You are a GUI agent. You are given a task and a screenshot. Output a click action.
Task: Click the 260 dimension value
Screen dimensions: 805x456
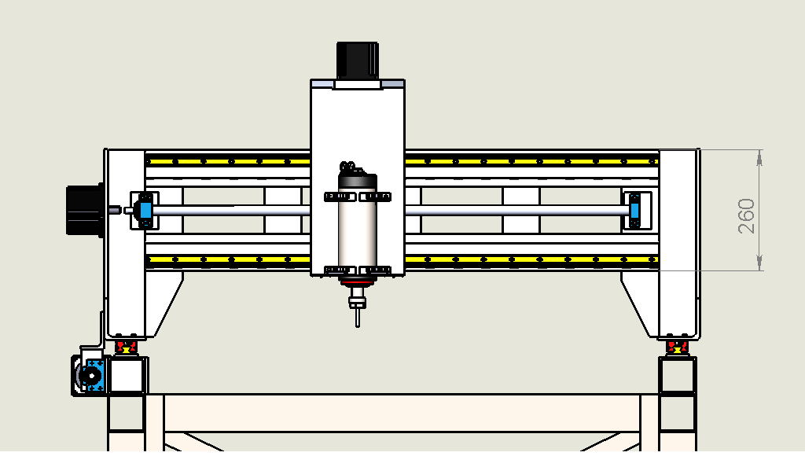click(747, 216)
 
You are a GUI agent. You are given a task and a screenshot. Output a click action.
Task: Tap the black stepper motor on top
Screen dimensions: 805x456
click(358, 61)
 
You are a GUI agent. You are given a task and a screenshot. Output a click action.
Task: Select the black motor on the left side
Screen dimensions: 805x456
click(85, 211)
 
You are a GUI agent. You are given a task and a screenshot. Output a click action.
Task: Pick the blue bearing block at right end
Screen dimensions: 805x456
click(634, 211)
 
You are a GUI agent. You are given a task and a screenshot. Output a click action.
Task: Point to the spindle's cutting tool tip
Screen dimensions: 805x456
click(358, 325)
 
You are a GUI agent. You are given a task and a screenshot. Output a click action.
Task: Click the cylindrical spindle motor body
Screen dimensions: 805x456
click(358, 226)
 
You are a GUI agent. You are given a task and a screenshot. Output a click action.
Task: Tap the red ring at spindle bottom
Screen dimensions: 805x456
click(358, 282)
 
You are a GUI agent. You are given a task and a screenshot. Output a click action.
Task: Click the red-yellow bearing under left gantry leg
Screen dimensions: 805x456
click(126, 348)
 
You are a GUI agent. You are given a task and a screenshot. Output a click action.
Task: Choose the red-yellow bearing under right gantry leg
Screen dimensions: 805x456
click(677, 348)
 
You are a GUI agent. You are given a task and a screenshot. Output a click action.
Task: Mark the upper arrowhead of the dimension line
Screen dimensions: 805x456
click(760, 158)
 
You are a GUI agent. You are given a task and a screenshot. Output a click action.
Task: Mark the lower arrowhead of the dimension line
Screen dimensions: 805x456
click(760, 263)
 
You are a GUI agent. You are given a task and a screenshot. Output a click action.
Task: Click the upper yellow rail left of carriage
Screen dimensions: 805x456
click(228, 162)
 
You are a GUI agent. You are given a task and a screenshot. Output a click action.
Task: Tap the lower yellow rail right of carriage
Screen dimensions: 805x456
click(531, 259)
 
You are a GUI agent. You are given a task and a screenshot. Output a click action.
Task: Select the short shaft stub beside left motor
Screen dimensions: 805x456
click(115, 210)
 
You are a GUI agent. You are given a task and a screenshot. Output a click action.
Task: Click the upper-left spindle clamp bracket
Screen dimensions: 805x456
click(340, 197)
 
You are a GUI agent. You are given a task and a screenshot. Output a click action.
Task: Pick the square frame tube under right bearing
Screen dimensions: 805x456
click(677, 376)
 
